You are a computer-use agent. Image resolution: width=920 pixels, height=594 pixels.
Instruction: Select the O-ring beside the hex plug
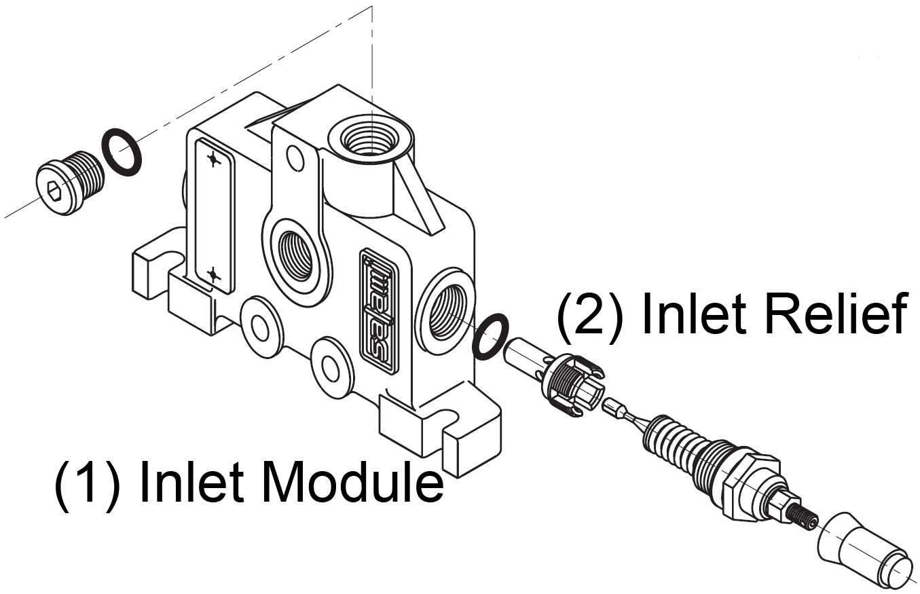122,151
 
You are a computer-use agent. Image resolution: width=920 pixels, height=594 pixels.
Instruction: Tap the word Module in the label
352,483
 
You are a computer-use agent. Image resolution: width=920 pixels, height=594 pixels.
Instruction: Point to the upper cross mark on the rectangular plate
214,160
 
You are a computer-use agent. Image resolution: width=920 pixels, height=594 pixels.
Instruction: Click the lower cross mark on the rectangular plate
214,275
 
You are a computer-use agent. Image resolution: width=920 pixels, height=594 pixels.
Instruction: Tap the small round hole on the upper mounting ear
295,158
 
